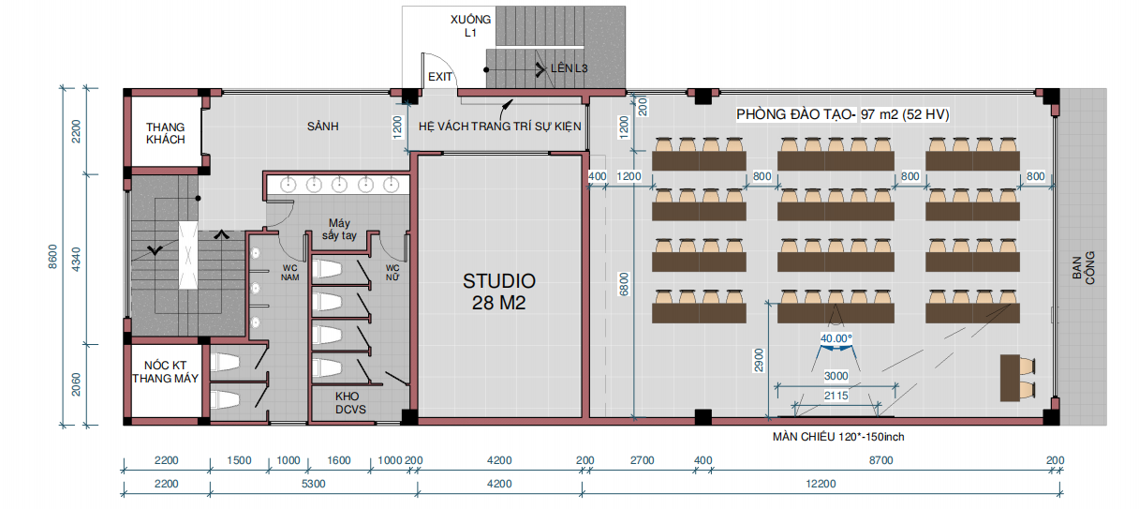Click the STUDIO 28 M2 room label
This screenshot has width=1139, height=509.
pos(499,292)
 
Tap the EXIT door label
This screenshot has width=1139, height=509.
pos(440,77)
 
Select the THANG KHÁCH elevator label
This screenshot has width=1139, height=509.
pos(165,133)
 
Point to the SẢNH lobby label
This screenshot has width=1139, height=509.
pos(323,127)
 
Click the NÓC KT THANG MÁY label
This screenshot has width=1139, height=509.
pos(165,372)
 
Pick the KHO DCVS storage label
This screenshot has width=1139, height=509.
pos(350,403)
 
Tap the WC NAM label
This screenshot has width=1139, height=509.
pos(289,273)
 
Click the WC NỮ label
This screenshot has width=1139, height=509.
pos(392,273)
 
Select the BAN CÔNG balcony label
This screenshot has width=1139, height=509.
pos(1083,268)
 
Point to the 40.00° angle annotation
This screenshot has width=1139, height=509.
pos(836,338)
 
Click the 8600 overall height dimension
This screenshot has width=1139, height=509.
pos(52,257)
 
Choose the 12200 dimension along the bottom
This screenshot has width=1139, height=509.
pos(821,484)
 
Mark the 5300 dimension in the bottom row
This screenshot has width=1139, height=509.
pos(313,484)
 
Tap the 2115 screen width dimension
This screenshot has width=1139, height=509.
pos(836,396)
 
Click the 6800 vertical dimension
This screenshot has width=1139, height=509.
pos(624,285)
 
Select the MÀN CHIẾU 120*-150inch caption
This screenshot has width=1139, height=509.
pos(838,437)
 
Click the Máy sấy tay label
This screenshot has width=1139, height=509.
pos(339,229)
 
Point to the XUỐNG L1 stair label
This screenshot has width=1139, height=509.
pos(470,26)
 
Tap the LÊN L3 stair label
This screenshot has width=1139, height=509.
pos(569,68)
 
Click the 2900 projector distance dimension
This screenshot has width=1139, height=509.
pos(759,360)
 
